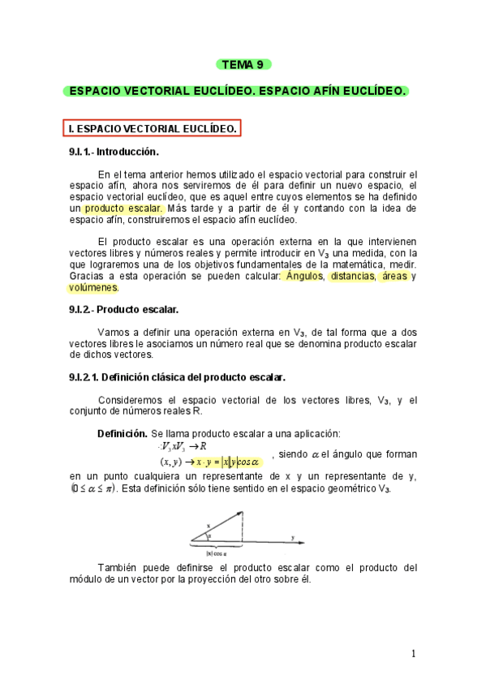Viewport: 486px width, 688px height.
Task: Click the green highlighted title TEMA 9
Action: [243, 64]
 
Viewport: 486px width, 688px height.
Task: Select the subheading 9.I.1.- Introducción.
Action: [114, 152]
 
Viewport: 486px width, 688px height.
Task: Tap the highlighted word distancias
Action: [351, 276]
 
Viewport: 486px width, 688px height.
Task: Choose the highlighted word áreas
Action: [394, 276]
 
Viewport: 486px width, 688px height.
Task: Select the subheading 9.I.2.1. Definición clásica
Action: [177, 377]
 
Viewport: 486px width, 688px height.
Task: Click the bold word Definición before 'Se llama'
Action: [122, 433]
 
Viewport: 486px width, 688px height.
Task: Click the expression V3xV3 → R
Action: [184, 445]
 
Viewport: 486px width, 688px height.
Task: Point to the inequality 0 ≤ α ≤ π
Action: [94, 488]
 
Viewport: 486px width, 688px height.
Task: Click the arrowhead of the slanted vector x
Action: [240, 512]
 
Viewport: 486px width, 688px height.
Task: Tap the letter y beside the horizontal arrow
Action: [292, 537]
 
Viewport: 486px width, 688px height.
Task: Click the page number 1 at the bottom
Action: [413, 654]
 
